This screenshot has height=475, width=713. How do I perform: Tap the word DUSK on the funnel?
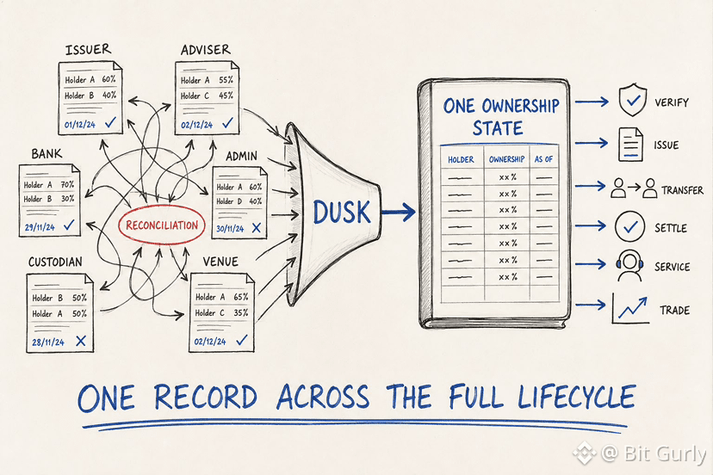342,213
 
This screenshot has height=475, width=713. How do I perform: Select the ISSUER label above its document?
88,50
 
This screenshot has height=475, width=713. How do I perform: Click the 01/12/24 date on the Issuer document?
80,125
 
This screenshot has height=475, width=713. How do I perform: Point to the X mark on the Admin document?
257,228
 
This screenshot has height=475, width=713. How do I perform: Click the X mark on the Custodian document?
81,341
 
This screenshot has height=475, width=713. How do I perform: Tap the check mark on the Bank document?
69,225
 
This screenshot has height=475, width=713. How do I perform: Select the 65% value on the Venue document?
241,297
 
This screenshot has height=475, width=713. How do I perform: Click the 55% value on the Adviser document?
226,80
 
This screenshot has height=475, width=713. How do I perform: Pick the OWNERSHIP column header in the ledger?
506,159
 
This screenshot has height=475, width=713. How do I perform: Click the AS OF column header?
543,159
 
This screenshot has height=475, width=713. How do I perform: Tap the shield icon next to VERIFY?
633,100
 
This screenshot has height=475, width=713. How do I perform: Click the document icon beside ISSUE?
630,145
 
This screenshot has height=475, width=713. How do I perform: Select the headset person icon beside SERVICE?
629,265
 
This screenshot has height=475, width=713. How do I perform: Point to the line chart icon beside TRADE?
630,309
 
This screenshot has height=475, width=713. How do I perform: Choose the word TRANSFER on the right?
682,190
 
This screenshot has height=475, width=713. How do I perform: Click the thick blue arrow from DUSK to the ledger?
399,212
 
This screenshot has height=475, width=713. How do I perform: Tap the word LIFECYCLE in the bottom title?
576,398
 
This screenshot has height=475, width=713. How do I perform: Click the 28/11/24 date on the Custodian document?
47,342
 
